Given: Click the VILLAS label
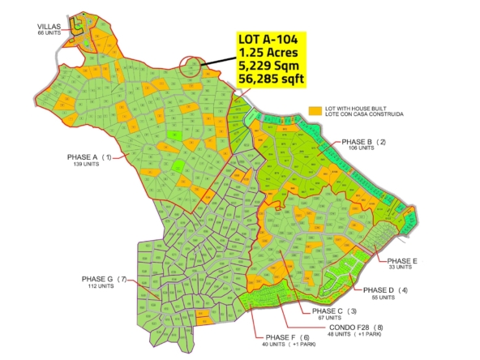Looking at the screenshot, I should tap(38, 25).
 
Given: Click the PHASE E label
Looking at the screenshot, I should tap(403, 260).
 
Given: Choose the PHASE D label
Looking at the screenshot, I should tap(379, 290).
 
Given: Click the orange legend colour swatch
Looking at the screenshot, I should tap(315, 109).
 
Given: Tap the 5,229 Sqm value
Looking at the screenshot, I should tap(268, 65).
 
